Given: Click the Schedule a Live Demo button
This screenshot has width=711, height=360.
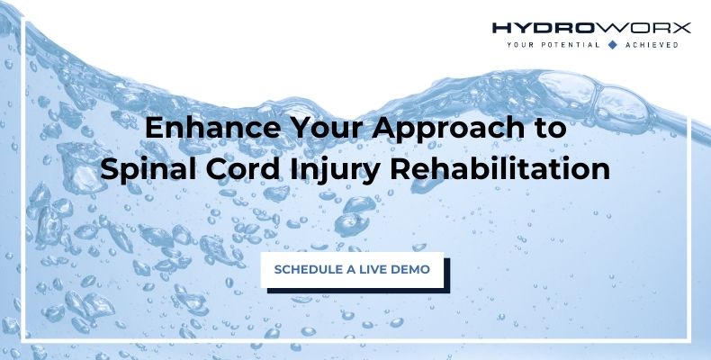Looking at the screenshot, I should coord(353,269).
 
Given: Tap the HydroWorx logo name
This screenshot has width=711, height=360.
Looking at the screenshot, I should coord(591,27).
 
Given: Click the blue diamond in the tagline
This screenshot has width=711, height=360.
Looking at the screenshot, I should coord(613,43).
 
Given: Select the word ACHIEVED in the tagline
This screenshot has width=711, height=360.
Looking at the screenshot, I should coord(650,43).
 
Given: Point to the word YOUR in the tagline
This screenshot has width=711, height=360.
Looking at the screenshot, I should coord(521,43).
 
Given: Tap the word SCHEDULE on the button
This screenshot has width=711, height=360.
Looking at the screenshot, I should coord(306,269).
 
